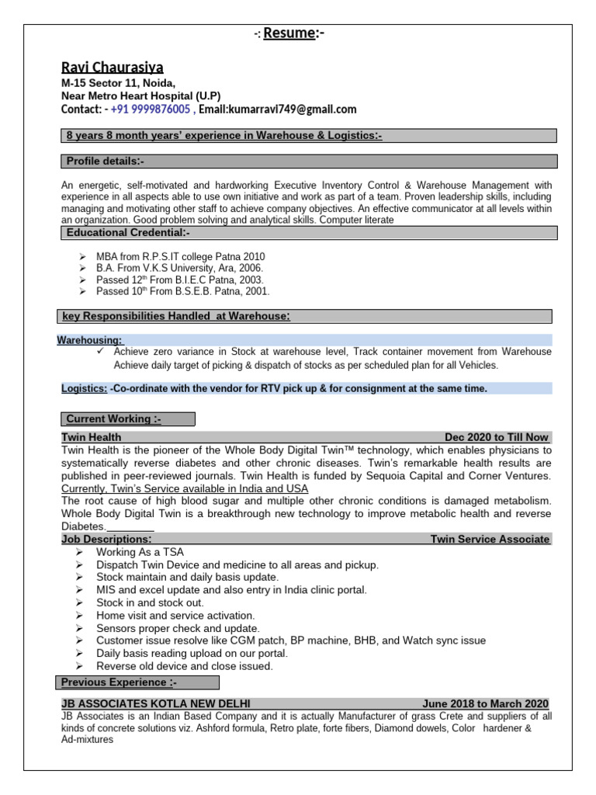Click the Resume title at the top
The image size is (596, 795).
coord(289,33)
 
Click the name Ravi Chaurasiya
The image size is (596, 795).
coord(113,68)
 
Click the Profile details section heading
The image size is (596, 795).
coord(105,161)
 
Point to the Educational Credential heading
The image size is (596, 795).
coord(128,233)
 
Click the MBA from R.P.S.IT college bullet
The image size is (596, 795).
coord(180,257)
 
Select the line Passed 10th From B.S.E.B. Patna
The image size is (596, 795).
coord(182,291)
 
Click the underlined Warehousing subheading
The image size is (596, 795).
coord(89,340)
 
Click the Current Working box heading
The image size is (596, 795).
coord(113,419)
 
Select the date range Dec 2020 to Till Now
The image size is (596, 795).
coord(497,438)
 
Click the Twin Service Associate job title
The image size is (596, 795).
coord(490,539)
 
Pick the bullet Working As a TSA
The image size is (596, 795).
coord(140,552)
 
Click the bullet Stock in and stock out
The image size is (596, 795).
coord(150,602)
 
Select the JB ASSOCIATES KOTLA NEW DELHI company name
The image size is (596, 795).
coord(156,703)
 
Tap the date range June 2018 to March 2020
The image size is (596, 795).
coord(485,703)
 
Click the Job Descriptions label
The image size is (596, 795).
coord(106,539)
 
